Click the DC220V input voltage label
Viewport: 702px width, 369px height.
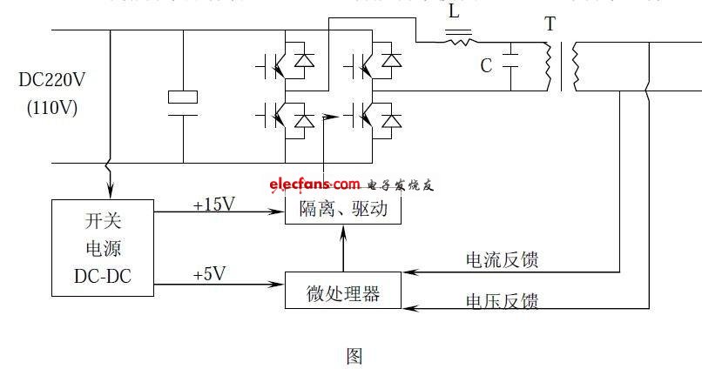52,81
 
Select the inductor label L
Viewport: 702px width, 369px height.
453,12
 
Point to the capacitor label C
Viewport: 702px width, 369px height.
486,65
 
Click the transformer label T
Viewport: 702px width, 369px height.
550,24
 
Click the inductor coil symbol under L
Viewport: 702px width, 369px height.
459,38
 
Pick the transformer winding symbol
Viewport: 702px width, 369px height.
563,66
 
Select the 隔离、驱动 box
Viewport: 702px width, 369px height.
343,210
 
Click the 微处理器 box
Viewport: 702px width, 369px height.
343,291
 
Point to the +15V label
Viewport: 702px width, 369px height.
213,204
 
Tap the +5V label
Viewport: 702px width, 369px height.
209,274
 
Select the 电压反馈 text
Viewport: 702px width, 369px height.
502,300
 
